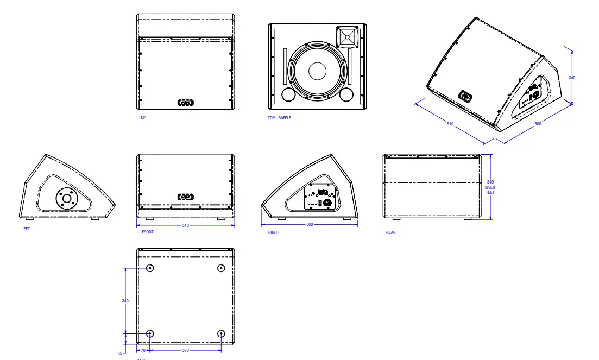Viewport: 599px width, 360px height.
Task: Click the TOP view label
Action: click(142, 117)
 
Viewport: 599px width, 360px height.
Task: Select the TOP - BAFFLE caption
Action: click(279, 118)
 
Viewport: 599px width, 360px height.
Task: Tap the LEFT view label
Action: click(26, 229)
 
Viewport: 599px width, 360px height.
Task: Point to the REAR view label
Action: click(390, 232)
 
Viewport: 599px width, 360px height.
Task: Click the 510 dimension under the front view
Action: click(185, 225)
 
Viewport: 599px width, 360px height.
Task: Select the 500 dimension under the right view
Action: click(310, 224)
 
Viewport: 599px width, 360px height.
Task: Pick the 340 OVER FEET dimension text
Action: click(490, 187)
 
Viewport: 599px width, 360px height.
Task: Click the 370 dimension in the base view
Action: click(185, 350)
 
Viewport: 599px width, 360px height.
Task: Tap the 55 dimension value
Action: click(120, 353)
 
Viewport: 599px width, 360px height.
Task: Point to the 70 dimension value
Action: click(143, 350)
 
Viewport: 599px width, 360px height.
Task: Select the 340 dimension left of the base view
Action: click(125, 300)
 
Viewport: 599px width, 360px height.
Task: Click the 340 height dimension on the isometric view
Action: click(572, 78)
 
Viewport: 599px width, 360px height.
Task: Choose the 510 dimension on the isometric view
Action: click(450, 124)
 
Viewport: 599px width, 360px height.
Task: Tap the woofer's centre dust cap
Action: click(317, 71)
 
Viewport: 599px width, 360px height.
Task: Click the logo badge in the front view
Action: click(185, 197)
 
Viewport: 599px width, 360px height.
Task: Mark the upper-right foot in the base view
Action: click(220, 268)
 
